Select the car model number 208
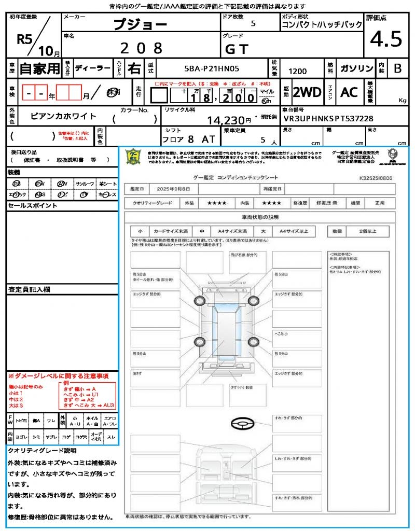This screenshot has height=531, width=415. click(141, 48)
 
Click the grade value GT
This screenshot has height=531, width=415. click(237, 49)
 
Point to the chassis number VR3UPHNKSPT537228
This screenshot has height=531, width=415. click(328, 119)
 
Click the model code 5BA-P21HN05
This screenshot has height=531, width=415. click(212, 68)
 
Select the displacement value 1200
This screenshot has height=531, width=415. click(297, 72)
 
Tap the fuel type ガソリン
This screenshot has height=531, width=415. click(356, 68)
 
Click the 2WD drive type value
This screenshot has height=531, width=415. click(307, 92)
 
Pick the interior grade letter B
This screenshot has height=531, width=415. click(397, 68)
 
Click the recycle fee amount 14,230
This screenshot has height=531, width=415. click(225, 120)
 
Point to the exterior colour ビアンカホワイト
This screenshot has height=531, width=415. click(63, 116)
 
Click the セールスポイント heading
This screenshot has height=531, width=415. click(32, 206)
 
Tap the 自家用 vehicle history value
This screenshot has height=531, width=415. click(40, 68)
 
